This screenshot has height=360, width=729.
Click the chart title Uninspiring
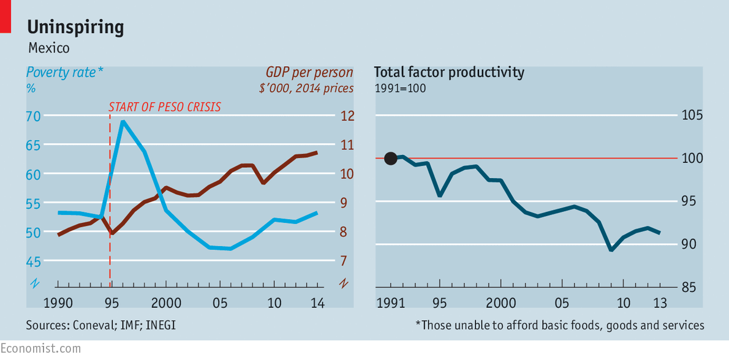tap(76, 27)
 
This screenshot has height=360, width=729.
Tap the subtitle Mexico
tap(48, 48)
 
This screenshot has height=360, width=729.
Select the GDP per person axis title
tap(309, 72)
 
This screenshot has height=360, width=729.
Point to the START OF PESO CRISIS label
tap(164, 107)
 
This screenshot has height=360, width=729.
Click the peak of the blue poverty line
tap(123, 121)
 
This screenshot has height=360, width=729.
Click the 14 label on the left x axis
tap(317, 302)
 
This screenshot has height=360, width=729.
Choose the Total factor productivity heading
tap(449, 72)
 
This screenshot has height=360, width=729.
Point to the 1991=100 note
tap(400, 88)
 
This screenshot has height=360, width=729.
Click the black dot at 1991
tap(390, 159)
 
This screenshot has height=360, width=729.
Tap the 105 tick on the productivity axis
tap(692, 116)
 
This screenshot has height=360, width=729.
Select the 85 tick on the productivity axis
tap(692, 287)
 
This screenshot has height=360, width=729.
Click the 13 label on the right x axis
tap(660, 302)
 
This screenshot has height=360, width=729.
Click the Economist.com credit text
tap(40, 348)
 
